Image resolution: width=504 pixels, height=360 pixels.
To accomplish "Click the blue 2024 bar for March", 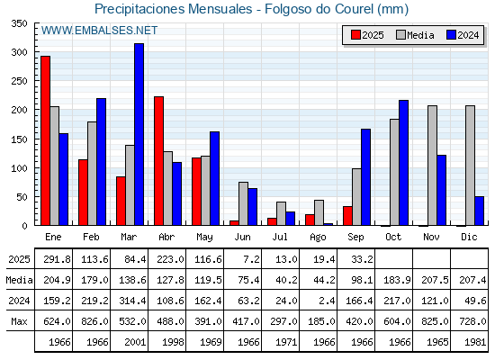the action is point(139,134).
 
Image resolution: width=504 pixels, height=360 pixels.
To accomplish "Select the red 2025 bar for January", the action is point(45,140).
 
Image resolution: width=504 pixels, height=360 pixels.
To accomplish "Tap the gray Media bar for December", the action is point(470,166).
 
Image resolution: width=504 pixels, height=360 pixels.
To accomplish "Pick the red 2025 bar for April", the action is point(158,161).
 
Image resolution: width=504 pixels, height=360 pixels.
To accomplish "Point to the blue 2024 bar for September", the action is point(365,177).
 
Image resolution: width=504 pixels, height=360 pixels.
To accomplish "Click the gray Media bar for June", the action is point(243,203).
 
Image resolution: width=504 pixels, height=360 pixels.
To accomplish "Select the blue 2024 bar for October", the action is point(403,163).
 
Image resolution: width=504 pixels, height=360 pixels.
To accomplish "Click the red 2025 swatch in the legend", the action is point(355,35).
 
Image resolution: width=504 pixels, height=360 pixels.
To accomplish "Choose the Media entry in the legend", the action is point(415,35).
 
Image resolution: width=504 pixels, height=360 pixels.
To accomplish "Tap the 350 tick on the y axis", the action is point(19,23).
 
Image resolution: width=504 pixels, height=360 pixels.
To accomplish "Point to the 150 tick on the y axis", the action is point(19,139).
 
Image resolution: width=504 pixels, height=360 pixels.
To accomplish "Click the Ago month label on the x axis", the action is point(318,238).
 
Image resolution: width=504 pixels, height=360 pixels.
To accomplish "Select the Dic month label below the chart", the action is point(469,237).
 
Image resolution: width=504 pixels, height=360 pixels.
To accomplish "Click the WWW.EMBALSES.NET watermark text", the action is point(99,31).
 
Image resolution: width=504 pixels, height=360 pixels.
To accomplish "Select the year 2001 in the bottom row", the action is point(135,342).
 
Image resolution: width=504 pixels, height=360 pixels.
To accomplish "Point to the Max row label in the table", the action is point(19,321).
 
